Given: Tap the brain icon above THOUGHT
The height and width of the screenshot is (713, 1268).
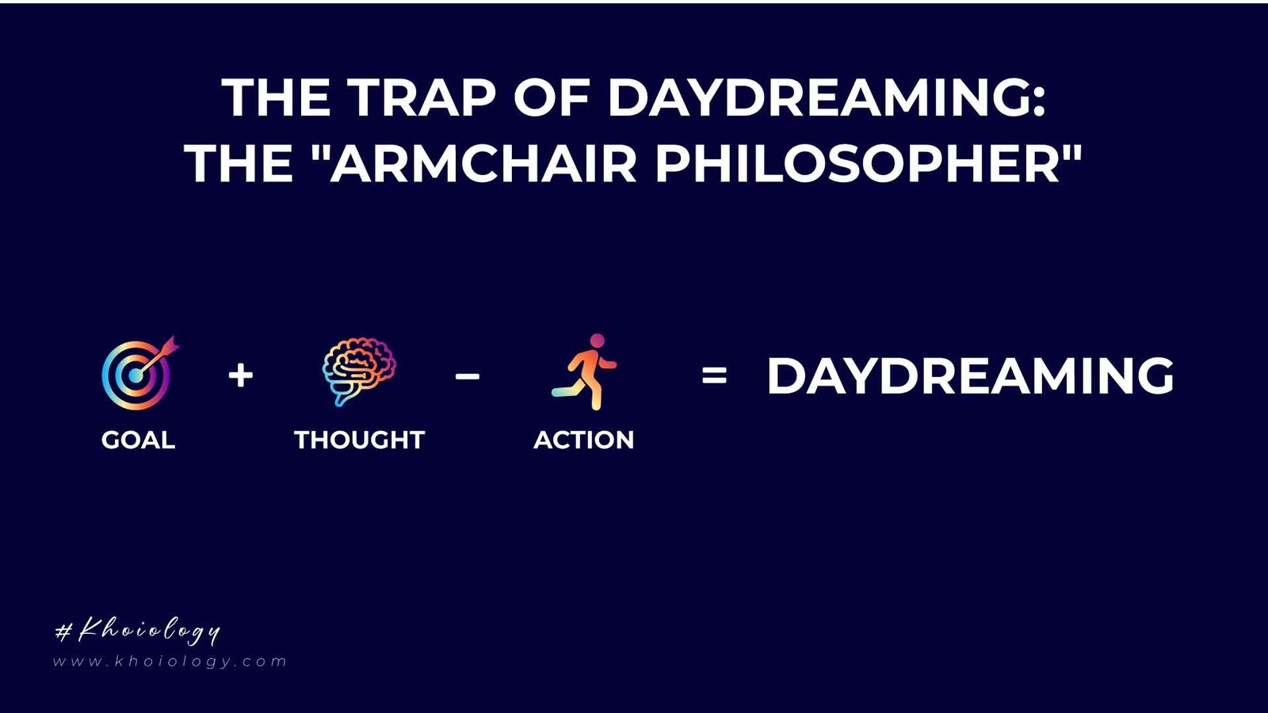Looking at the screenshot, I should tap(358, 372).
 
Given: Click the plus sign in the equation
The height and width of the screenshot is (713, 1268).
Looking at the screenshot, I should tap(240, 375).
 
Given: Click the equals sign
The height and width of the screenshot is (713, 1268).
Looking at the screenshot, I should tap(714, 376).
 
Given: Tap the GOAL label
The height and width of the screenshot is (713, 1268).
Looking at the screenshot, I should tap(138, 440).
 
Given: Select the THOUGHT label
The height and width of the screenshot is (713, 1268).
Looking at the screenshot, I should tap(359, 440).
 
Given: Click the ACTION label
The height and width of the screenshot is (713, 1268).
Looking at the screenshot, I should tap(584, 440).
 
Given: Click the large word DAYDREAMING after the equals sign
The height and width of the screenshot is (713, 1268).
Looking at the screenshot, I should tap(970, 376).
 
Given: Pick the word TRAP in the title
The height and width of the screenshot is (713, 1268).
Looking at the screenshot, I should tap(422, 98).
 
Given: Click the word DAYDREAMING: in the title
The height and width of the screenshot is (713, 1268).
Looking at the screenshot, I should tap(827, 98).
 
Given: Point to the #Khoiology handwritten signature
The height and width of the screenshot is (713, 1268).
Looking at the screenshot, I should tap(137, 631).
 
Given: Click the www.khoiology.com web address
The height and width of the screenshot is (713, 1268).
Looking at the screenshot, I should tap(170, 662).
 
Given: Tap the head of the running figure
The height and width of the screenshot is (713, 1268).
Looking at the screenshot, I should tap(598, 341).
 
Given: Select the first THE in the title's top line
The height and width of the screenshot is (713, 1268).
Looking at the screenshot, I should tap(276, 98).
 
